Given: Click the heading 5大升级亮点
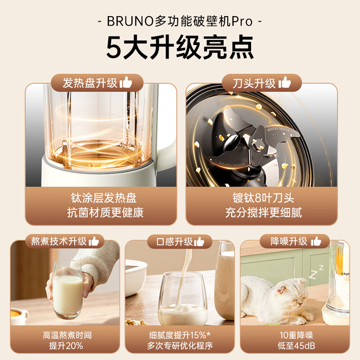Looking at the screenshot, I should click(x=180, y=48).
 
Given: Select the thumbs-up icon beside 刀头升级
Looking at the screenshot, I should click(x=284, y=83).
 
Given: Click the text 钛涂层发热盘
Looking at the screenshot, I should click(x=103, y=198).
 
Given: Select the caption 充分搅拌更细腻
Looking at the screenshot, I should click(x=263, y=212).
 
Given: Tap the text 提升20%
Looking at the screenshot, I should click(x=66, y=346).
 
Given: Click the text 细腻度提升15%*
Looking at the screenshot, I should click(x=179, y=335).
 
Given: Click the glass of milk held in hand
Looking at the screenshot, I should click(x=67, y=290).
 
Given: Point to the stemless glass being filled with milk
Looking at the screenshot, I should click(x=182, y=299).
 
